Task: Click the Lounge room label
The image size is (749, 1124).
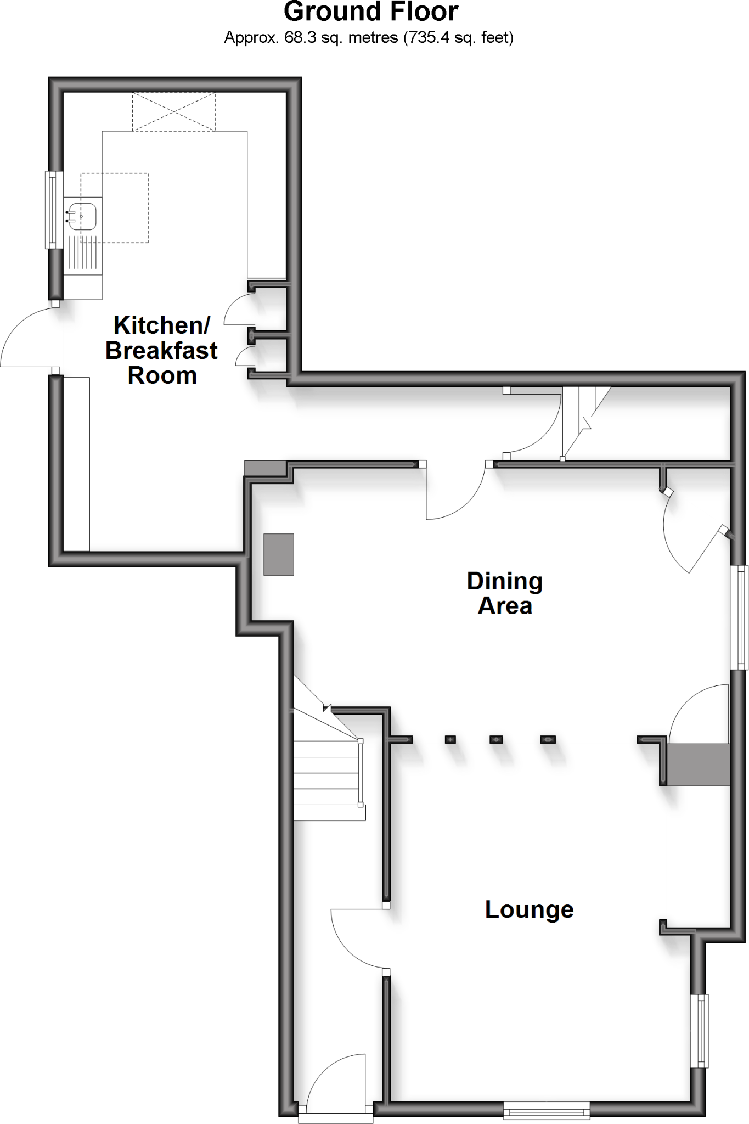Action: pyautogui.click(x=529, y=909)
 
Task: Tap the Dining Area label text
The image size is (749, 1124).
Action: pyautogui.click(x=505, y=593)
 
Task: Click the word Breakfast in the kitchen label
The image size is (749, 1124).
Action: pyautogui.click(x=161, y=351)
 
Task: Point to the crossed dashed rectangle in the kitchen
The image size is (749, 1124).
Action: pyautogui.click(x=173, y=112)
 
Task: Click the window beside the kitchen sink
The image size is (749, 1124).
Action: pyautogui.click(x=52, y=209)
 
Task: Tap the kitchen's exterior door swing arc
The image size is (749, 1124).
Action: pyautogui.click(x=22, y=335)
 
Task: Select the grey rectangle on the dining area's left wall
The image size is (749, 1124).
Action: pyautogui.click(x=279, y=554)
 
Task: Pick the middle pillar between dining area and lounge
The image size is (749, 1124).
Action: pyautogui.click(x=496, y=739)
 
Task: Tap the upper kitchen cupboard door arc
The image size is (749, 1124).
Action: pyautogui.click(x=237, y=310)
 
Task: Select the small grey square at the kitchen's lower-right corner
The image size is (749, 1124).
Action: pyautogui.click(x=266, y=468)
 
